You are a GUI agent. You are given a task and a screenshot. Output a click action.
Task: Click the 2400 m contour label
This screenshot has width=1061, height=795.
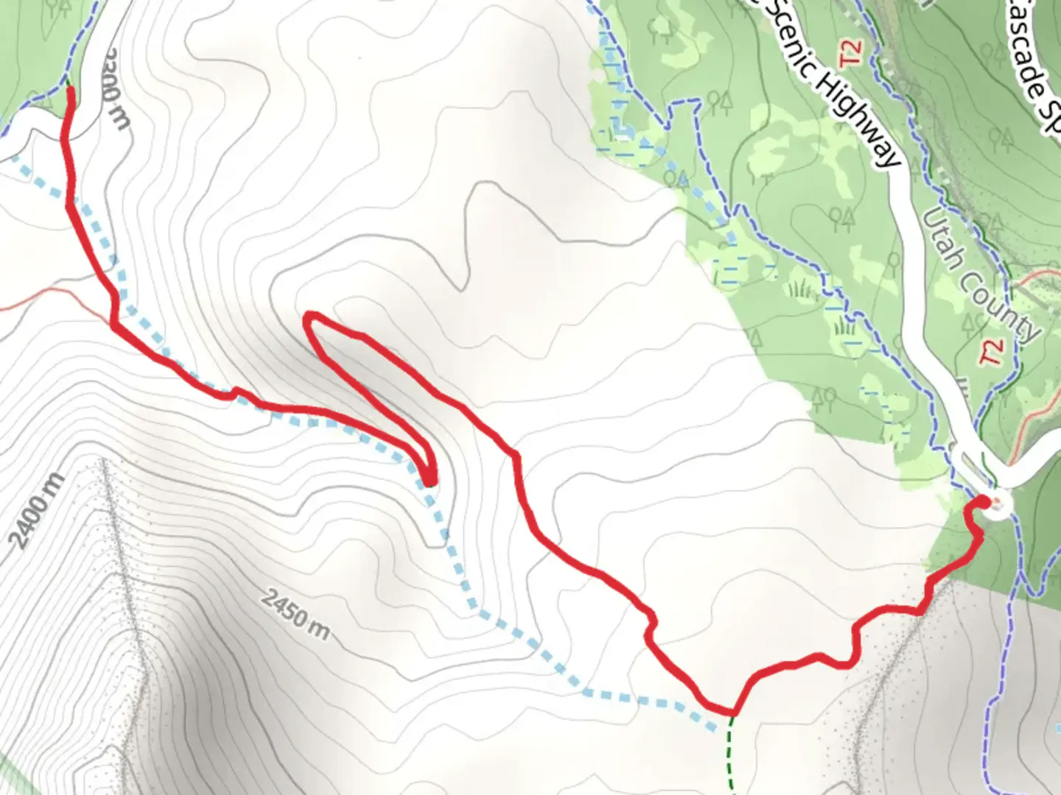pyautogui.click(x=37, y=512)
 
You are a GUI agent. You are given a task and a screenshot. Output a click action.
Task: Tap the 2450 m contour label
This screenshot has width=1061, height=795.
pyautogui.click(x=295, y=614)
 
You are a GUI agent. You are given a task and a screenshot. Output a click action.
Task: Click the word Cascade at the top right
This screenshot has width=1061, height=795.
pyautogui.click(x=1032, y=52)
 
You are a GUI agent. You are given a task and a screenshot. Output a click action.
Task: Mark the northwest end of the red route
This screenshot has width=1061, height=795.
pyautogui.click(x=71, y=90)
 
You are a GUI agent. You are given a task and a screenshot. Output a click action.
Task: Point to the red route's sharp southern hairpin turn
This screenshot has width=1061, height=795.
pyautogui.click(x=429, y=480)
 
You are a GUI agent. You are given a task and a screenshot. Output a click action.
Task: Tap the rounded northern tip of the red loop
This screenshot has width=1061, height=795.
pyautogui.click(x=310, y=317)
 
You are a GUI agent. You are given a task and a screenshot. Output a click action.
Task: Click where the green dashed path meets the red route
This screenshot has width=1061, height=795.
pyautogui.click(x=732, y=713)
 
